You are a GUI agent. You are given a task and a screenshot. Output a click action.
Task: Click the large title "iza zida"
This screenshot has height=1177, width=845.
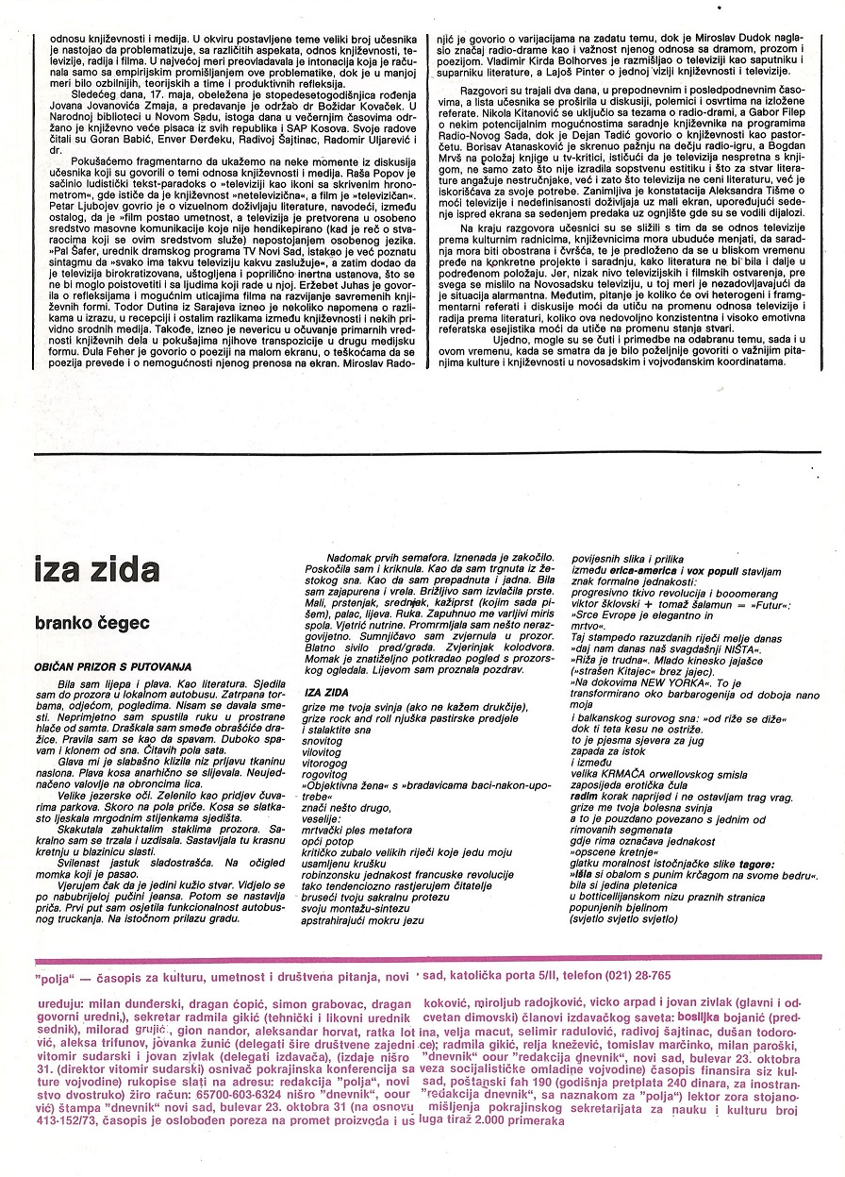[x=97, y=570]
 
